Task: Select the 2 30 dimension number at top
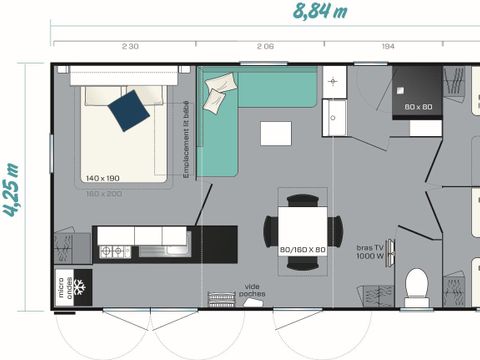point(130,47)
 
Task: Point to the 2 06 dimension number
point(264,47)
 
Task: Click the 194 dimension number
point(387,47)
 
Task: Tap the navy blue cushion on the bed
point(130,109)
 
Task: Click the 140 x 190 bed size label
point(103,178)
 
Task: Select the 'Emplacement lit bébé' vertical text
point(187,139)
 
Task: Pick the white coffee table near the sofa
point(275,133)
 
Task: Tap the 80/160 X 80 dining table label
point(303,249)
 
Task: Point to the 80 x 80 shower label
point(417,106)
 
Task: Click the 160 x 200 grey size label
point(103,192)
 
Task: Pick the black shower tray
point(417,91)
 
